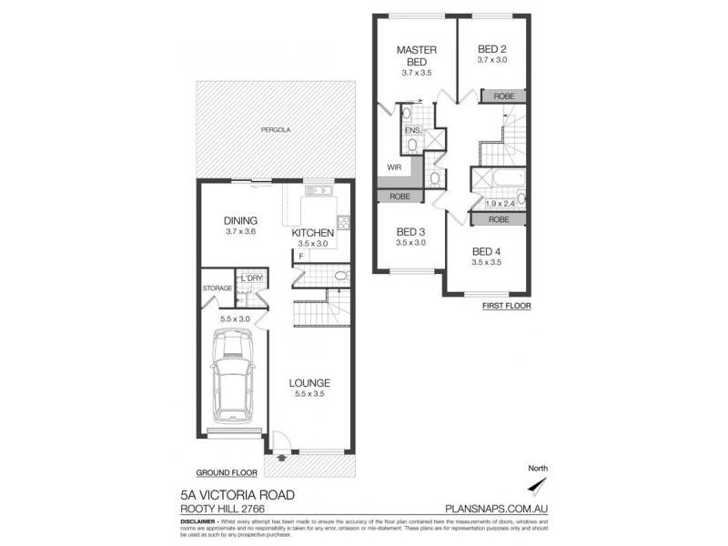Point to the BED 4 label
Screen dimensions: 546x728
pos(488,250)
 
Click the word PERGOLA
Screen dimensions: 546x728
pos(275,130)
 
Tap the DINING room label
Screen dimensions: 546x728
pos(241,220)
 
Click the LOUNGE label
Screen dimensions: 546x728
pos(309,383)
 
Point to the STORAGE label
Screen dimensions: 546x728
pos(217,288)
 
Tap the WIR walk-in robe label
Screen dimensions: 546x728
pos(394,167)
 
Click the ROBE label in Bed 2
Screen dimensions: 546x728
pos(502,96)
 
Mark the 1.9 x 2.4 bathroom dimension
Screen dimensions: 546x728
pos(500,204)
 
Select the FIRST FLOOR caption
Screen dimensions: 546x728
pos(507,307)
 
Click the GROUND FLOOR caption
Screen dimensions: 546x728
pos(227,473)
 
